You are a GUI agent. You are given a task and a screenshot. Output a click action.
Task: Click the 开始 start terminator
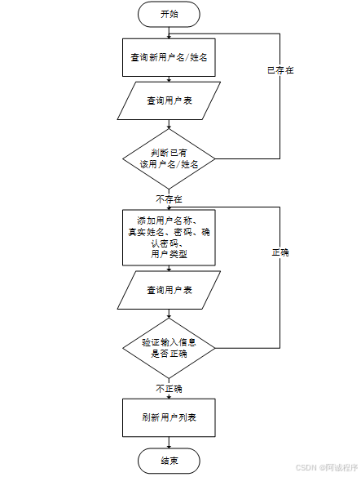point(169,14)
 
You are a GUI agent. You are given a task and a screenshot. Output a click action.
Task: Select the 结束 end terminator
point(169,461)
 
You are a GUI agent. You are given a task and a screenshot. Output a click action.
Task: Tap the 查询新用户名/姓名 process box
point(169,58)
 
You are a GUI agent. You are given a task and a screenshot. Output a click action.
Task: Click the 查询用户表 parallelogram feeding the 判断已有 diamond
point(169,101)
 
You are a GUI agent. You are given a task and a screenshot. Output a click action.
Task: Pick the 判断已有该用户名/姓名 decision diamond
point(169,158)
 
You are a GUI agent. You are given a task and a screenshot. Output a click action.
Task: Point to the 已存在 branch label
point(280,70)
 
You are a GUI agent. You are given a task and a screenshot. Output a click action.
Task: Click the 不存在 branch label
point(169,198)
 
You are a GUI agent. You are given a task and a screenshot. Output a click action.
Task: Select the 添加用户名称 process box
point(169,237)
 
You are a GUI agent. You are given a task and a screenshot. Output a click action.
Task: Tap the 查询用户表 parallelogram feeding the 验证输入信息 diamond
point(169,290)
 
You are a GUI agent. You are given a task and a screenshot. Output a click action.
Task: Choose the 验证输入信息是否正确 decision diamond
point(169,347)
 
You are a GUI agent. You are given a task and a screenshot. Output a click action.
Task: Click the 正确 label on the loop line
point(280,252)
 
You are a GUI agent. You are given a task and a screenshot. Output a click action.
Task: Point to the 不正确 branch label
point(169,387)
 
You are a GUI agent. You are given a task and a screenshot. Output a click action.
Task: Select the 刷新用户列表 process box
point(169,417)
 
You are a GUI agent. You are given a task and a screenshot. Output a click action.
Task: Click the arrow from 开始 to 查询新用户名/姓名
point(169,32)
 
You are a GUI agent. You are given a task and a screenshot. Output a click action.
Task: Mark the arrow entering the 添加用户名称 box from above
point(169,205)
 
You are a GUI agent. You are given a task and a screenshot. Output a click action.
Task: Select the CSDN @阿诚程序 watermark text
point(326,468)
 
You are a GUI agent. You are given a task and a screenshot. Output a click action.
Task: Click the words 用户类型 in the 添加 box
point(169,255)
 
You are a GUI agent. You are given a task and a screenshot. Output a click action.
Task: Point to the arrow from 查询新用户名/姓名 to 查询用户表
point(169,79)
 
